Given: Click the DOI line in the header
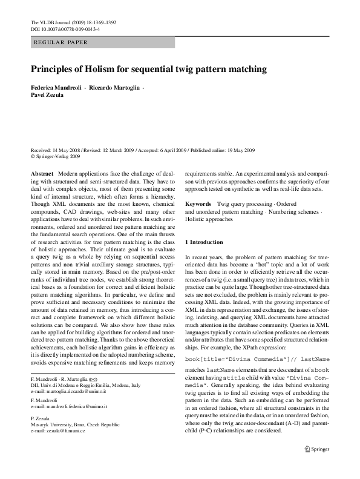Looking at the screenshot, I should pos(65,29).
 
